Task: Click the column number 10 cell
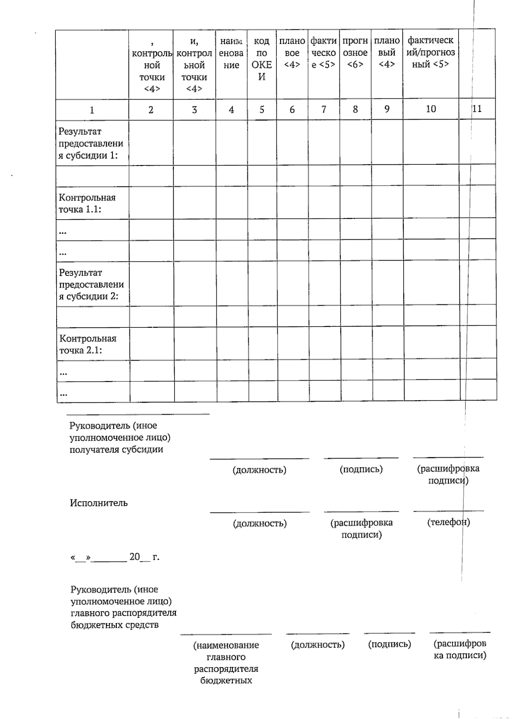tap(431, 109)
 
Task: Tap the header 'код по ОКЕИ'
tap(261, 59)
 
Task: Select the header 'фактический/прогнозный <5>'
tap(431, 52)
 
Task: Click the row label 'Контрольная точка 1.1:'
tap(87, 203)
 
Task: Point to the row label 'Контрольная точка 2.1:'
tap(88, 344)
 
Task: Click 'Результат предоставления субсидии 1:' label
tap(90, 143)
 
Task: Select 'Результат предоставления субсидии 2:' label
tap(91, 284)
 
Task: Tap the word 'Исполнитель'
tap(98, 503)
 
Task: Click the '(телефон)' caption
tap(448, 522)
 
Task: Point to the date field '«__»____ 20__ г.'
tap(115, 557)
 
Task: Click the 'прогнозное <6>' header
tap(355, 52)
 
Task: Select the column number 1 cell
tap(92, 110)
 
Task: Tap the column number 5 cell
tap(261, 109)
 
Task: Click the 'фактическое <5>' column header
tap(323, 52)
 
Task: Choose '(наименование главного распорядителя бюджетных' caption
tap(226, 662)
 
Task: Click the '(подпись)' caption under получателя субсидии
tap(361, 469)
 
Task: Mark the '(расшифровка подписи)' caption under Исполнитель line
tap(361, 528)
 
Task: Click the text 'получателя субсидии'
tap(116, 450)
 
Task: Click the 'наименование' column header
tap(231, 53)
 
